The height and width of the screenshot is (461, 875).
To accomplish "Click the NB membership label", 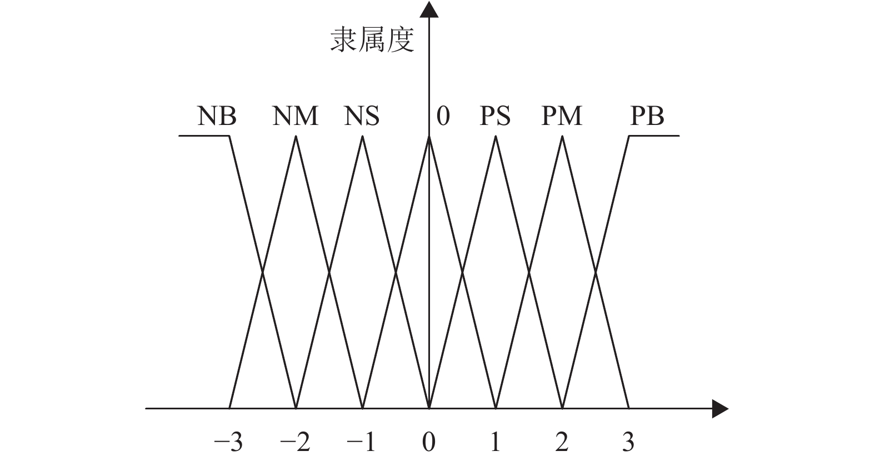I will pos(217,117).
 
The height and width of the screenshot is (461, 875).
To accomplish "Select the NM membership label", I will pos(295,117).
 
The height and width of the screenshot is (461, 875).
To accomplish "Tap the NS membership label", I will pos(362,117).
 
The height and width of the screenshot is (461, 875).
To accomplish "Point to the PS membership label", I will pos(495,117).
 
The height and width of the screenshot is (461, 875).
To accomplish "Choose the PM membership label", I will pos(562,117).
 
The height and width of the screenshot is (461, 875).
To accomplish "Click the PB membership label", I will pos(647,117).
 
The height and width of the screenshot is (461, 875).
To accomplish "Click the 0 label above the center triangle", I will pos(443,117).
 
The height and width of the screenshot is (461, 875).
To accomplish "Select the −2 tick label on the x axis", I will pos(295,443).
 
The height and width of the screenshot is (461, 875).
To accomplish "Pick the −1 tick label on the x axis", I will pos(362,443).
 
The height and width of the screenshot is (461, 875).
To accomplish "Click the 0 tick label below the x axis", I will pos(428,443).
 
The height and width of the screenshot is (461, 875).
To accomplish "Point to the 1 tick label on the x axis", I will pos(495,443).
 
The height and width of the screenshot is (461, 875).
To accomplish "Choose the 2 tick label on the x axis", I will pos(562,443).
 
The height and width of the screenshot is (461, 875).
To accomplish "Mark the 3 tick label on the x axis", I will pos(628,443).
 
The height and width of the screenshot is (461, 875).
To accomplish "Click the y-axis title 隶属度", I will pos(372,41).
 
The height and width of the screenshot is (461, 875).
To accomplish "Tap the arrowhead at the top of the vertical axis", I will pos(429,9).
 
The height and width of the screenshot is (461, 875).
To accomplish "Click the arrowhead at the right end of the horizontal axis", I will pos(720,409).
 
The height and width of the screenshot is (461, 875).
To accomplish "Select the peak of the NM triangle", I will pos(296,137).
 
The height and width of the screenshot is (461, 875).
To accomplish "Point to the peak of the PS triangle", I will pos(496,137).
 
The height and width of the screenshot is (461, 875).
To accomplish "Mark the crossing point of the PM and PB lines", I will pos(596,272).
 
